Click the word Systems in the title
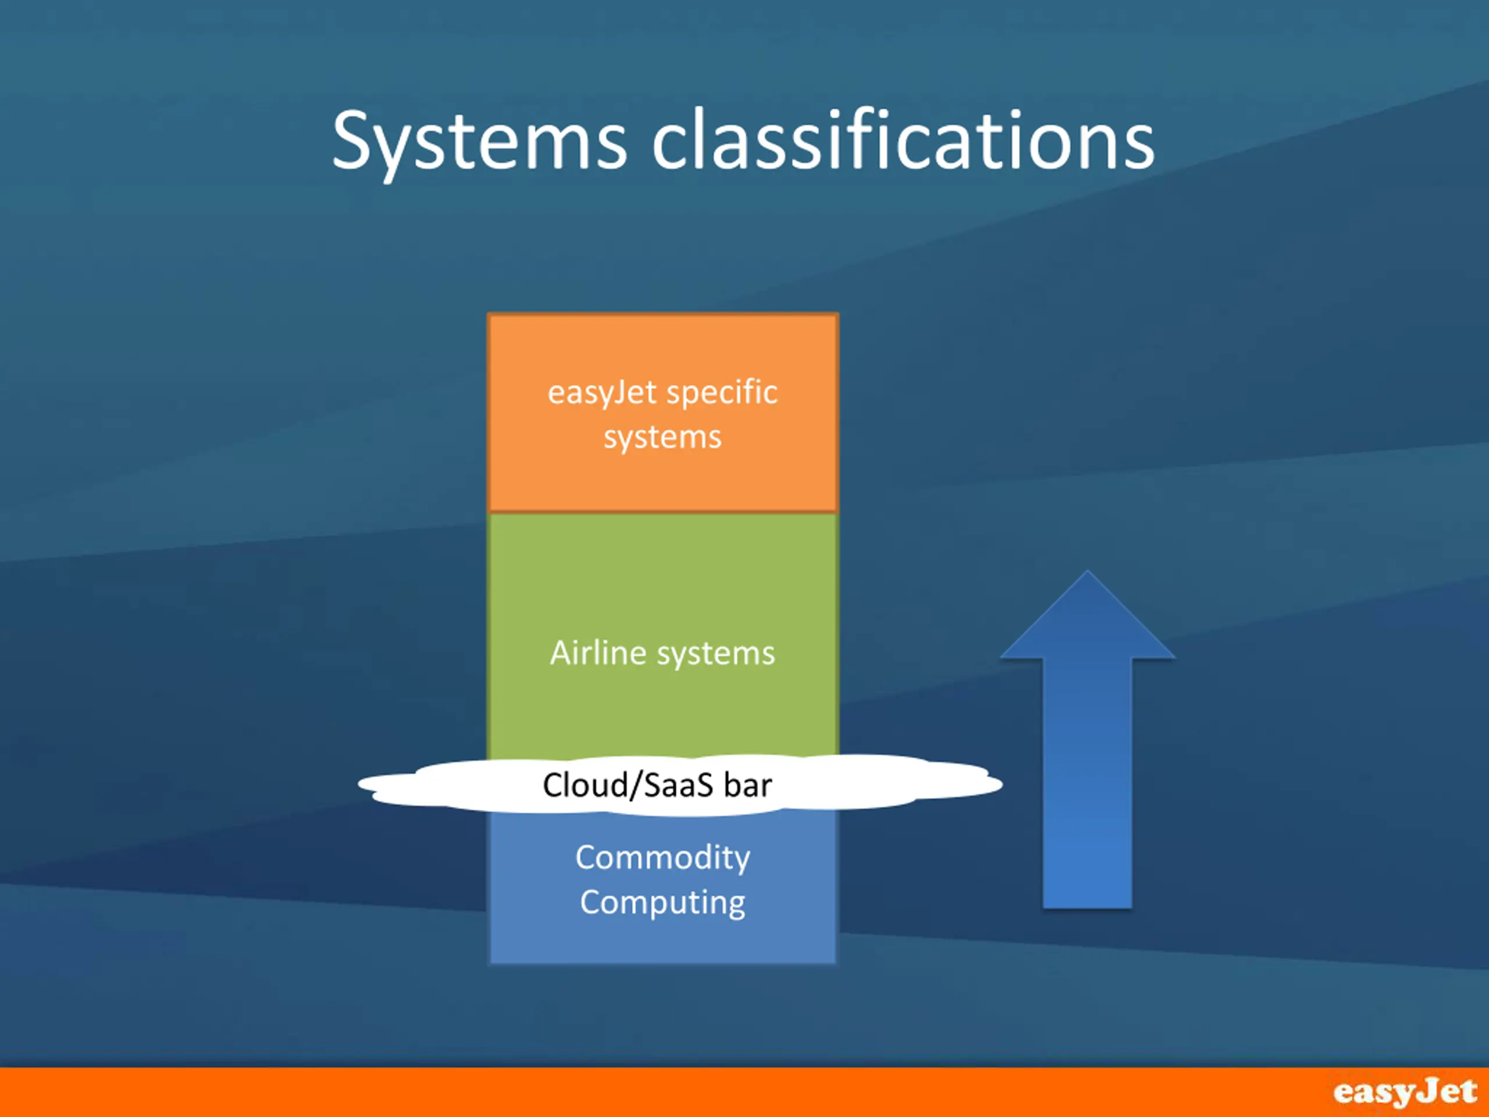coord(480,142)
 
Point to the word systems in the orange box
coord(662,437)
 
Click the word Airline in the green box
coord(599,653)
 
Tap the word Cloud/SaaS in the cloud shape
coord(628,785)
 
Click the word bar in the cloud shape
coord(748,785)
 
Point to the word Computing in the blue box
coord(662,903)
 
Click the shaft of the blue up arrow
coord(1087,783)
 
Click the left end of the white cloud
coord(359,783)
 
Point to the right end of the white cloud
coord(1002,784)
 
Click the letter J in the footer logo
coord(1426,1091)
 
